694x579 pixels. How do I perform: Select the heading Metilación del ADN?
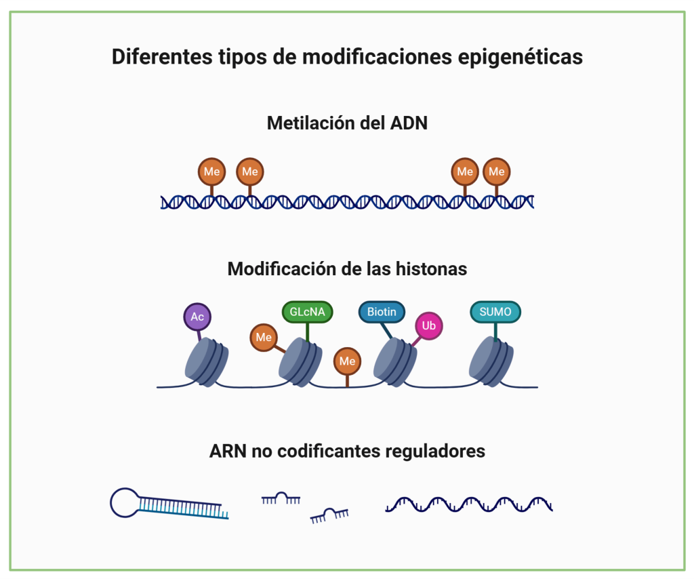pos(347,123)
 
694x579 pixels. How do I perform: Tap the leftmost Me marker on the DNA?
pos(211,172)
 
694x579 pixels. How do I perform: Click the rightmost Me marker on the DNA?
pos(496,172)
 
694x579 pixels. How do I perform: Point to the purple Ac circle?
pos(197,317)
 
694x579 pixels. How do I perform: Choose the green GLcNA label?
pos(307,313)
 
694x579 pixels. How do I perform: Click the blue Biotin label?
pos(382,313)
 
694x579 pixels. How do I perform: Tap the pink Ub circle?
pos(428,326)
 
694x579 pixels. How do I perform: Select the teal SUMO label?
pos(495,313)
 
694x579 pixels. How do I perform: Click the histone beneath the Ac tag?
pos(207,363)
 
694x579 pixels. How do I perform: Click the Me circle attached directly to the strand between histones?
pos(347,361)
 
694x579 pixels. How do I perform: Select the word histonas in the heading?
pos(432,269)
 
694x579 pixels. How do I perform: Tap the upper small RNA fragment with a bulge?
pos(281,500)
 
